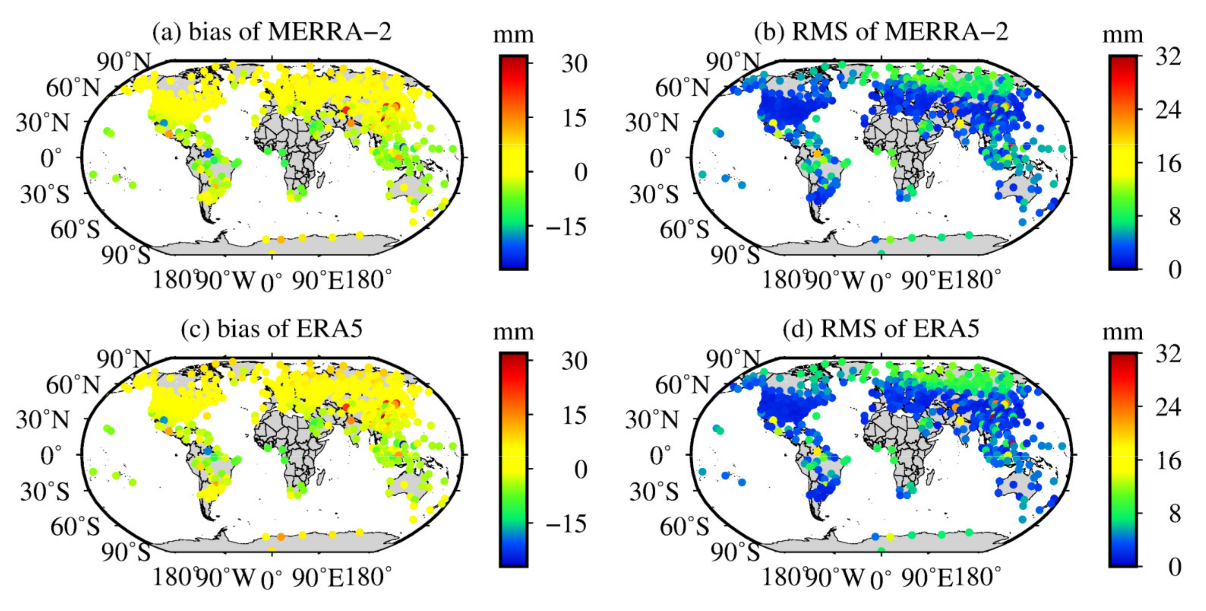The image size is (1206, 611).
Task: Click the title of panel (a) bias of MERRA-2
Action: [x=272, y=32]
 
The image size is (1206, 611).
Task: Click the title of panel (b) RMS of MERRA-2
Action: [x=881, y=32]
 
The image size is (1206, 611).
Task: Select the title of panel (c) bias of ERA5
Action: [x=272, y=329]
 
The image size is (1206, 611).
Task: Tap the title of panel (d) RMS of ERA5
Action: [x=881, y=329]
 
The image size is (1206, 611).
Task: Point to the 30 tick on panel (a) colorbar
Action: [x=574, y=64]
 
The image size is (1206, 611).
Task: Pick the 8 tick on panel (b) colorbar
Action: [x=1174, y=217]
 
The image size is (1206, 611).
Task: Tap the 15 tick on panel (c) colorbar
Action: [x=574, y=416]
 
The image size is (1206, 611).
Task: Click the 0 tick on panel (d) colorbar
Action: [x=1174, y=567]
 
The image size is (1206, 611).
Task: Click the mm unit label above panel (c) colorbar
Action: [x=513, y=332]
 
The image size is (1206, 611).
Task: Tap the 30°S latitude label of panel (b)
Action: [x=654, y=195]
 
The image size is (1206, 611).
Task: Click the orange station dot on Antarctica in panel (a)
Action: [x=281, y=239]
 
